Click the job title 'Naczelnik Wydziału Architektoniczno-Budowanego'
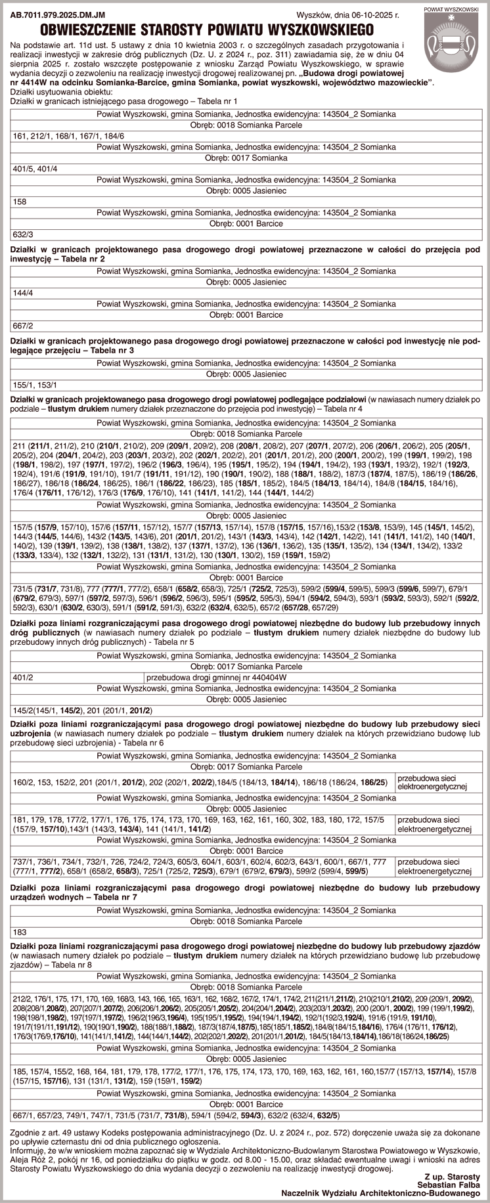coord(381,1187)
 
